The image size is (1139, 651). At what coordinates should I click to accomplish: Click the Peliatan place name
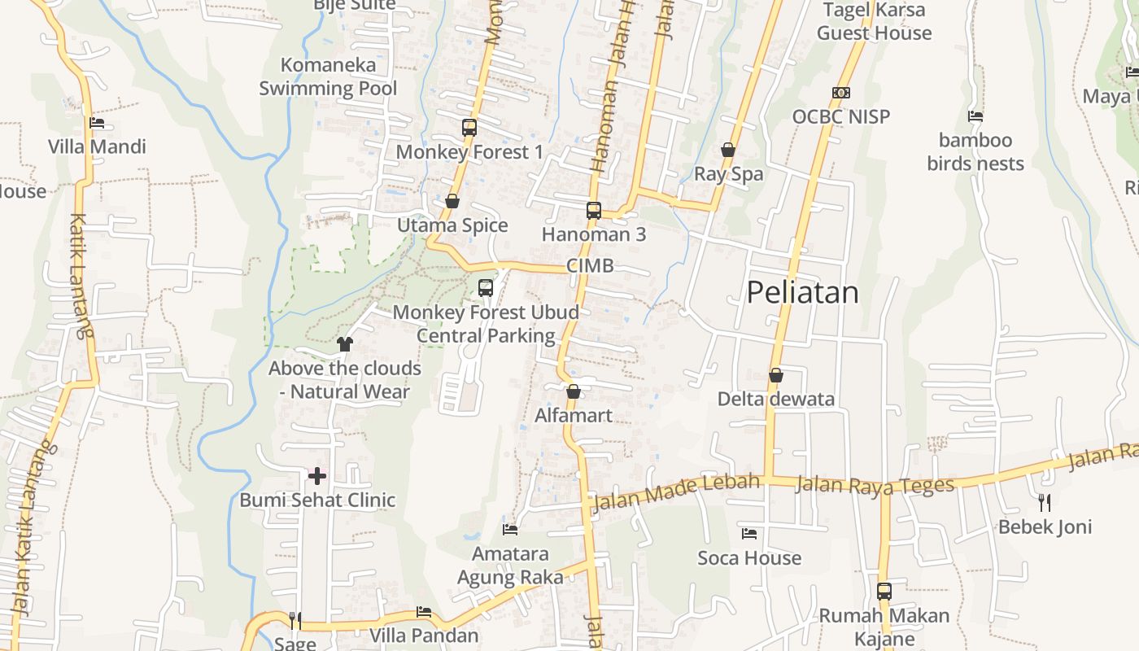[802, 292]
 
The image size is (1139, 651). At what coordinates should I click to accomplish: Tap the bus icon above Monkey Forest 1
[469, 128]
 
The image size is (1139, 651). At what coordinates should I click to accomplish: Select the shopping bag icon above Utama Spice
[452, 201]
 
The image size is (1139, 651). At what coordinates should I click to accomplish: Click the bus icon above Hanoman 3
[594, 211]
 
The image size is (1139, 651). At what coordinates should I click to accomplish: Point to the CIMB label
[590, 266]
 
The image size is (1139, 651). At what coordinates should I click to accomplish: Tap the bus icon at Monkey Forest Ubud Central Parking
[486, 288]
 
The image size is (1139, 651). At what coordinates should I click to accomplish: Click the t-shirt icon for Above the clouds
[345, 344]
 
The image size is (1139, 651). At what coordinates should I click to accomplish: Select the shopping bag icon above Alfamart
[574, 392]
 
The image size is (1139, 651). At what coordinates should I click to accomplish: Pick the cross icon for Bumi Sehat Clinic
[317, 476]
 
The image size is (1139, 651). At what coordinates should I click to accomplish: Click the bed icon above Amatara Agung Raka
[510, 530]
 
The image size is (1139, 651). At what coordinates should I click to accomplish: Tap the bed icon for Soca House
[749, 534]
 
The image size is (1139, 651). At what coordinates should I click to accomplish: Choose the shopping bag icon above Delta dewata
[776, 375]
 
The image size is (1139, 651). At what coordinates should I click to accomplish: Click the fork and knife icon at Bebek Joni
[1045, 503]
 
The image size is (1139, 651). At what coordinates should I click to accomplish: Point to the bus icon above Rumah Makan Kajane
[884, 592]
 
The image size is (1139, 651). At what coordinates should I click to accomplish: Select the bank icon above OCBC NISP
[841, 93]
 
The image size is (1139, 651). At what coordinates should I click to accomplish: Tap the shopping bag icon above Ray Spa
[728, 150]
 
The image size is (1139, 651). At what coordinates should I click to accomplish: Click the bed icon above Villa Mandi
[97, 124]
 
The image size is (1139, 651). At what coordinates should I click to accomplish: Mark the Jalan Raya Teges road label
[875, 485]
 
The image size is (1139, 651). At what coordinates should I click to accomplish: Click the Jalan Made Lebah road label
[676, 492]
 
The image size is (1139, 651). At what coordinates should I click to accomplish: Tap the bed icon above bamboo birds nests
[975, 116]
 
